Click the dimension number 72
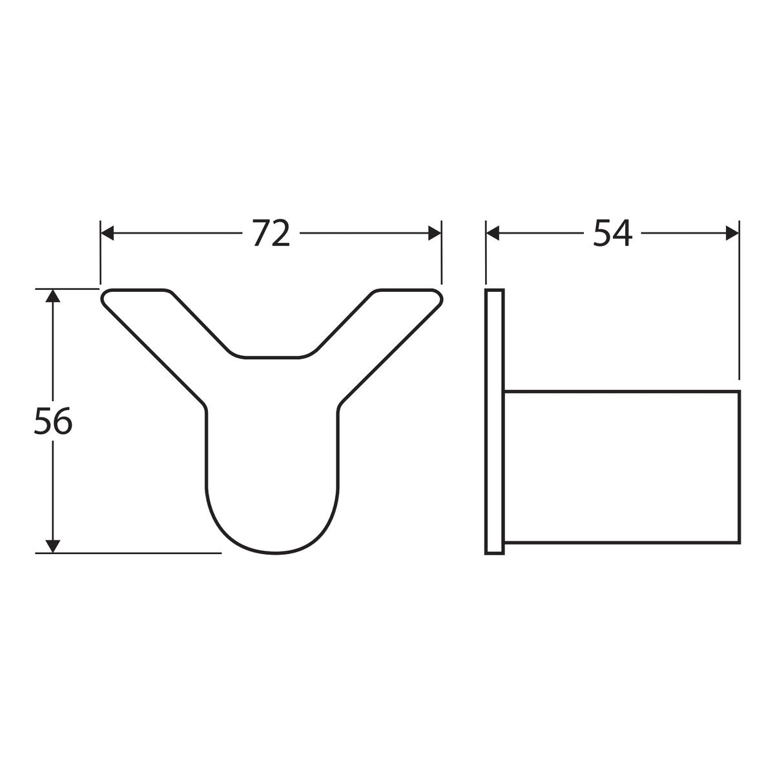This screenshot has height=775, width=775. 271,233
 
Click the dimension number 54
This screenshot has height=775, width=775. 612,233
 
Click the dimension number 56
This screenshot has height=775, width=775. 53,420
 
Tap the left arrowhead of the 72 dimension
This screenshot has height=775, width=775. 107,233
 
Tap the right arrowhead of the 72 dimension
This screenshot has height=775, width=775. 435,233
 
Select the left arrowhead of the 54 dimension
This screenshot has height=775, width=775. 493,233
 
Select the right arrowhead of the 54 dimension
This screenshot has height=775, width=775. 732,233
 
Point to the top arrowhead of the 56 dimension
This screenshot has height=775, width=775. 53,296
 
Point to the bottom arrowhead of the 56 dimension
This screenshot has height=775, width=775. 53,546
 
